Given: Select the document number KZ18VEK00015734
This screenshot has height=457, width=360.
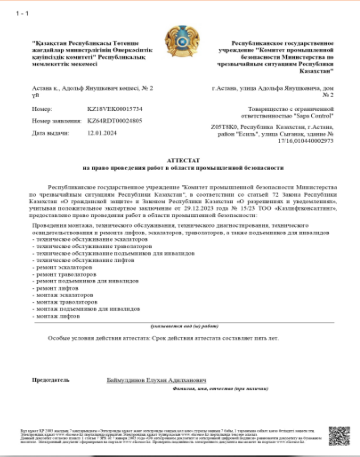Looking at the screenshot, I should [x=115, y=109].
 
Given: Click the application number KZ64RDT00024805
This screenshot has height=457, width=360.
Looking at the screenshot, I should [x=115, y=121].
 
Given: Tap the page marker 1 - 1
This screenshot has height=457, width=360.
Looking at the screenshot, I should [x=22, y=13].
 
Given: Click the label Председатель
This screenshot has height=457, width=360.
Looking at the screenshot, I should [x=51, y=380].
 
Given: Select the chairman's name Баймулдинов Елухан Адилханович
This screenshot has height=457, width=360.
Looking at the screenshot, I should [x=157, y=380].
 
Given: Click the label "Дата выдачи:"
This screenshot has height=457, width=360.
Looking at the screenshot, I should [x=51, y=133].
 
